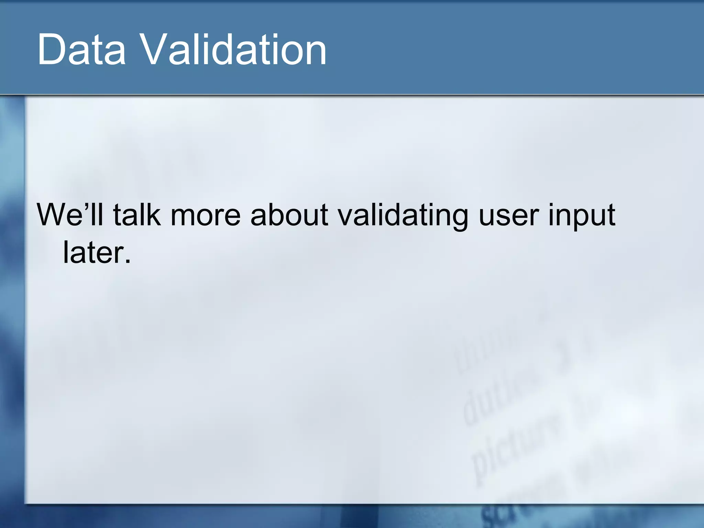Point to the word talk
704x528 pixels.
137,214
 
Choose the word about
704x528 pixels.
289,214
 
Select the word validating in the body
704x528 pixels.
403,215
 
